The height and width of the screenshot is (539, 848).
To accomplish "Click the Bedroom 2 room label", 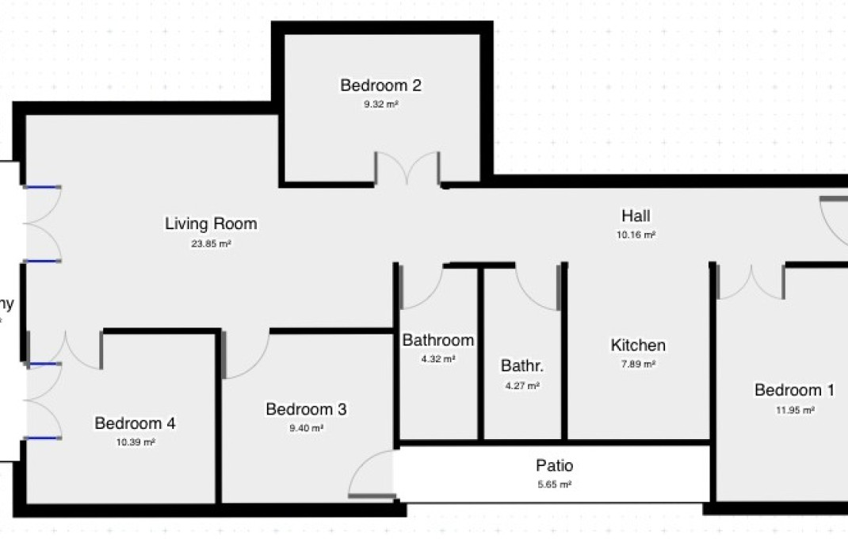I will coord(380,86).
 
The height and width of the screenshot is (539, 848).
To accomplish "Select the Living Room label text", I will coord(211,224).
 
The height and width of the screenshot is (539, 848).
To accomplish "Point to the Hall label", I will coord(636,216).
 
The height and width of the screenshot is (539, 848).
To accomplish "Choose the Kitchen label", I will coord(638,346).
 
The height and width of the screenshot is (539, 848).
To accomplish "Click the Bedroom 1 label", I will coord(794,390).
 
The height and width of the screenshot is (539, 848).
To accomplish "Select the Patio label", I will coord(554,465).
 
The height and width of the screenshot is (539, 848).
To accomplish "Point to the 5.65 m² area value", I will coord(555,484).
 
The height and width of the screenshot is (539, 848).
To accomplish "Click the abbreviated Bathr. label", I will coord(521,366).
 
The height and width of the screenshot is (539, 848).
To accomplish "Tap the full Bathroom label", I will coord(438,340).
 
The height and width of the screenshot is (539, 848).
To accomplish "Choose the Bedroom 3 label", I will coord(306,409).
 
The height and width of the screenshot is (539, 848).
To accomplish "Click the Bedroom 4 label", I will coord(135,423).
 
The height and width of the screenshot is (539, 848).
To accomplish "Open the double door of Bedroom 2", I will coord(407,170).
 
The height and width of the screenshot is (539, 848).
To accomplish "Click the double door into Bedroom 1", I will coord(751,283).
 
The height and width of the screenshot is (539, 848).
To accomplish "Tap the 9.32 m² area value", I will coord(380,104).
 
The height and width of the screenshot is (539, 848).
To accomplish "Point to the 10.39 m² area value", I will coord(136,443).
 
